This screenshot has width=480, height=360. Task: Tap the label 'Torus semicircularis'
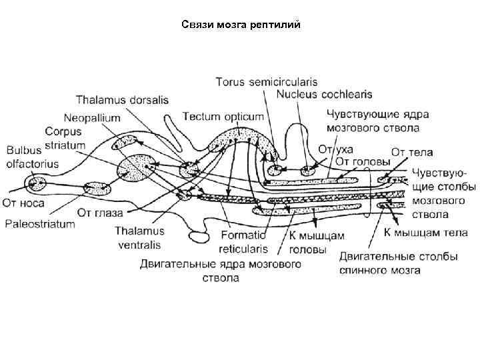pyautogui.click(x=265, y=83)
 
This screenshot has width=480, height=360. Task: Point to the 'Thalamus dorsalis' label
pyautogui.click(x=122, y=100)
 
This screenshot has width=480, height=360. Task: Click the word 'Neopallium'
pyautogui.click(x=93, y=117)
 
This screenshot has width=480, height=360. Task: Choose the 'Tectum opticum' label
pyautogui.click(x=223, y=116)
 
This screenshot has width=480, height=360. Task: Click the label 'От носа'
pyautogui.click(x=25, y=202)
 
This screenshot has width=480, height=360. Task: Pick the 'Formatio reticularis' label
pyautogui.click(x=243, y=242)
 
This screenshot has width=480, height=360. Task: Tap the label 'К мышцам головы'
pyautogui.click(x=307, y=242)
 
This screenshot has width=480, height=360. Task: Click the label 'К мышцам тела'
pyautogui.click(x=426, y=233)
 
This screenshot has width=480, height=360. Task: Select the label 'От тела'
pyautogui.click(x=407, y=152)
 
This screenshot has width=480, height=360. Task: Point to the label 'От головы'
pyautogui.click(x=362, y=160)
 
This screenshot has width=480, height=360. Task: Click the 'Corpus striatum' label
pyautogui.click(x=64, y=139)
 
